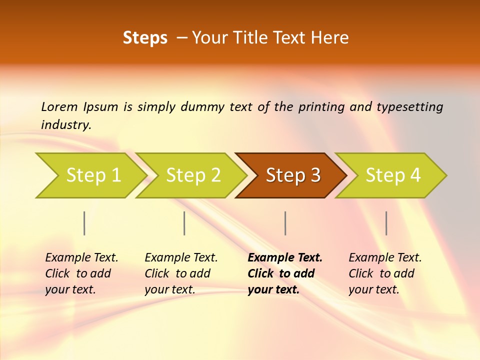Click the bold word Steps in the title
click(x=145, y=38)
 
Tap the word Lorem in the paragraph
click(x=59, y=106)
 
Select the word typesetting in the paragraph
click(x=409, y=106)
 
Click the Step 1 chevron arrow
click(x=90, y=175)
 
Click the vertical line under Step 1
click(x=84, y=223)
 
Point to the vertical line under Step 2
click(x=184, y=223)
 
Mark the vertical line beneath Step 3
click(x=285, y=223)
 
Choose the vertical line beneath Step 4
click(x=386, y=223)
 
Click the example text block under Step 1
click(x=81, y=273)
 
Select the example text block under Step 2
click(x=181, y=273)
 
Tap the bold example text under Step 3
click(x=284, y=273)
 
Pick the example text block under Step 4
click(x=385, y=273)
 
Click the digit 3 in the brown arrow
click(x=314, y=175)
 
